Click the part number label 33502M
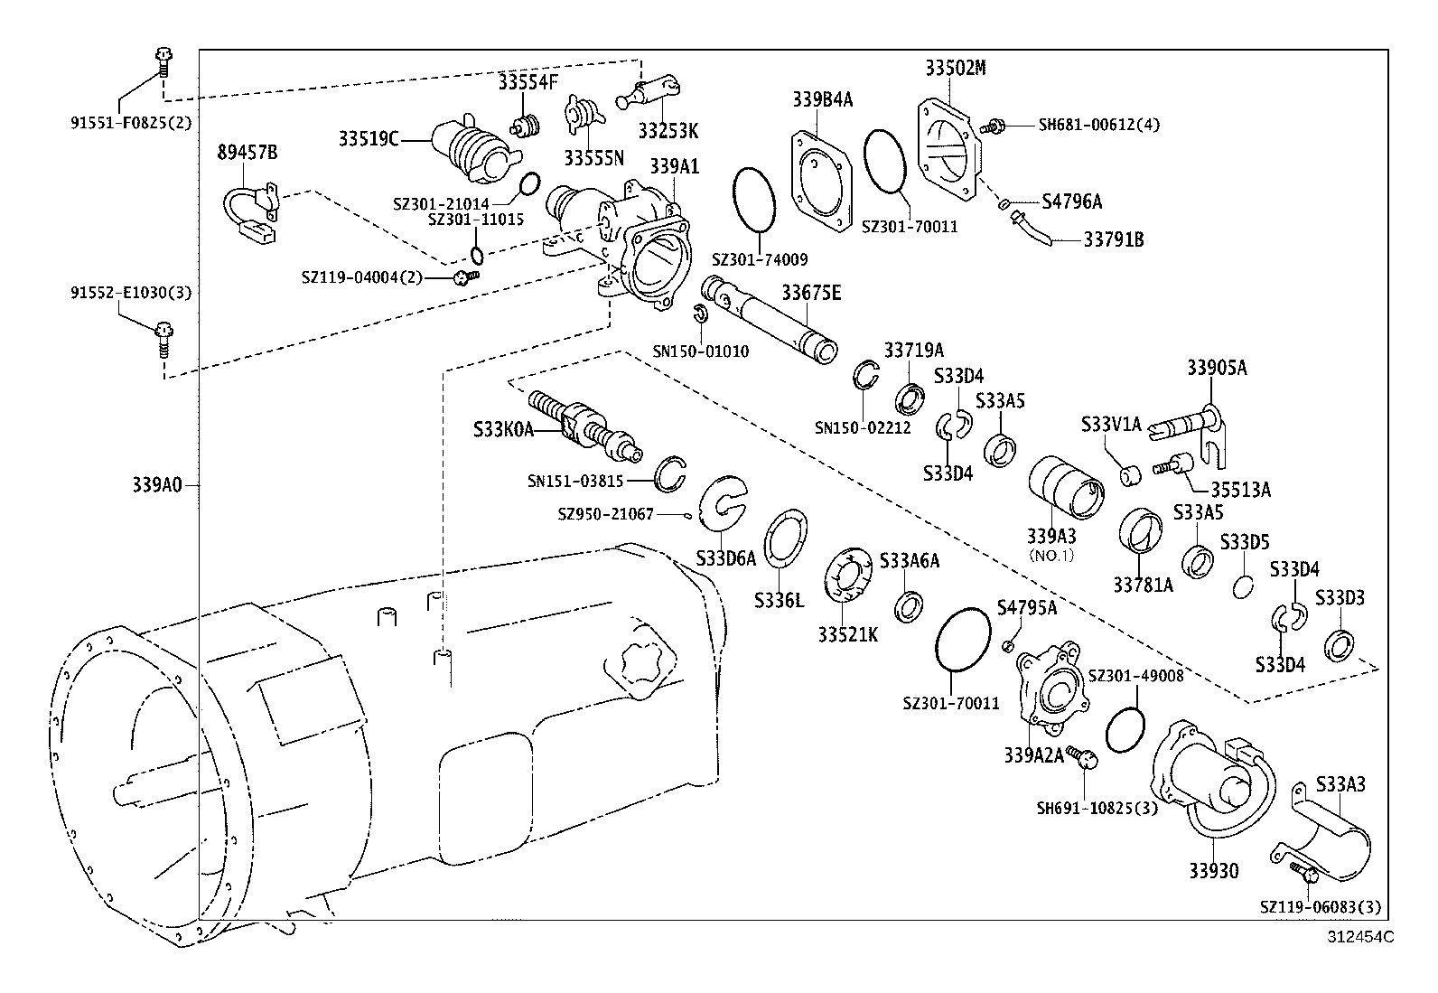(956, 68)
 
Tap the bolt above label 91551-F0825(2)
(164, 63)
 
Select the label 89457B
(247, 153)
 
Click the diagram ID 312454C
(1359, 937)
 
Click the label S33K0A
(504, 430)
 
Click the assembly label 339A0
(157, 484)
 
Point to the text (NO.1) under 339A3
(1051, 555)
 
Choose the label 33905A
(1216, 368)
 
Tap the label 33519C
(369, 138)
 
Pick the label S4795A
(1026, 607)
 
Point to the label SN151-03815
(575, 482)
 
